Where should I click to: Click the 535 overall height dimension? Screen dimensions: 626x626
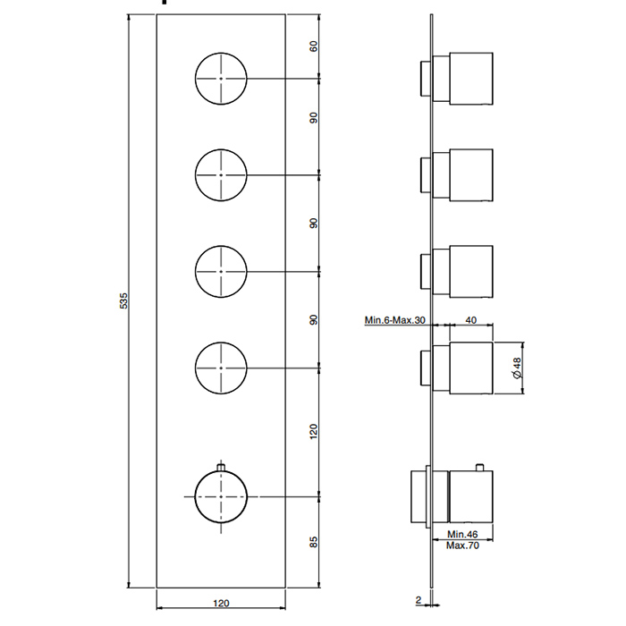coord(123,300)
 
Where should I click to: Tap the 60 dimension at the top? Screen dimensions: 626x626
coord(314,47)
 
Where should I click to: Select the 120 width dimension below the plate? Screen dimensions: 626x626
coord(221,603)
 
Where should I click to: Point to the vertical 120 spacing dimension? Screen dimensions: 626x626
coord(313,432)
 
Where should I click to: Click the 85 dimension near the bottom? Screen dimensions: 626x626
coord(314,542)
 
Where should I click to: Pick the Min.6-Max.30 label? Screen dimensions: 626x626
coord(395,320)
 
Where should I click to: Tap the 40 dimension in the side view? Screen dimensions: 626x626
coord(471,320)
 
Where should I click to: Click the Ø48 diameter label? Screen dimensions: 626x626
coord(517,368)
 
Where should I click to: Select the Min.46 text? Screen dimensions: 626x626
coord(462,534)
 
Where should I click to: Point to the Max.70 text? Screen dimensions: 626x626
coord(462,546)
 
